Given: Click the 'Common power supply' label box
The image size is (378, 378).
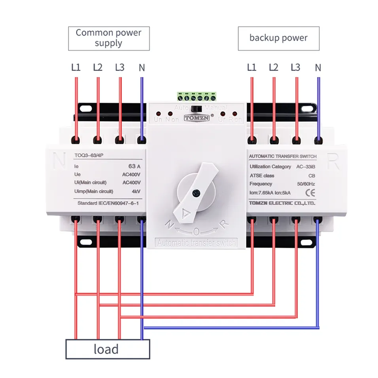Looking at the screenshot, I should coord(109,38).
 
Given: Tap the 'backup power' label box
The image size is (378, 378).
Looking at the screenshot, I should coord(278,38).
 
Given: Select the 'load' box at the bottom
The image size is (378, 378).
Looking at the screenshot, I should coord(107,349).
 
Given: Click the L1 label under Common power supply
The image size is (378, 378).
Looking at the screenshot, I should coord(76,67).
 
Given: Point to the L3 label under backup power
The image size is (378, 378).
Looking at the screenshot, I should coord(296,67).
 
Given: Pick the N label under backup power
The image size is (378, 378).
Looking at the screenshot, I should coord(318,67).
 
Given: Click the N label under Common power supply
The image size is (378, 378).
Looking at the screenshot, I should coord(142,67).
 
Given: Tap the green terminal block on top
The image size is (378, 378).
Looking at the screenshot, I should coord(197,97).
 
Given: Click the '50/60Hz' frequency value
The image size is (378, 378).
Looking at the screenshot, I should coord(304,184).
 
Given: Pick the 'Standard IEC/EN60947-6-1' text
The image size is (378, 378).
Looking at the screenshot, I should coord(108,203).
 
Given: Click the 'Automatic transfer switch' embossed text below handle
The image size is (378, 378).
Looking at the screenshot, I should coord(197,243).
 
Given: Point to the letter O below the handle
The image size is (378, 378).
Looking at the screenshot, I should coord(196,231).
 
